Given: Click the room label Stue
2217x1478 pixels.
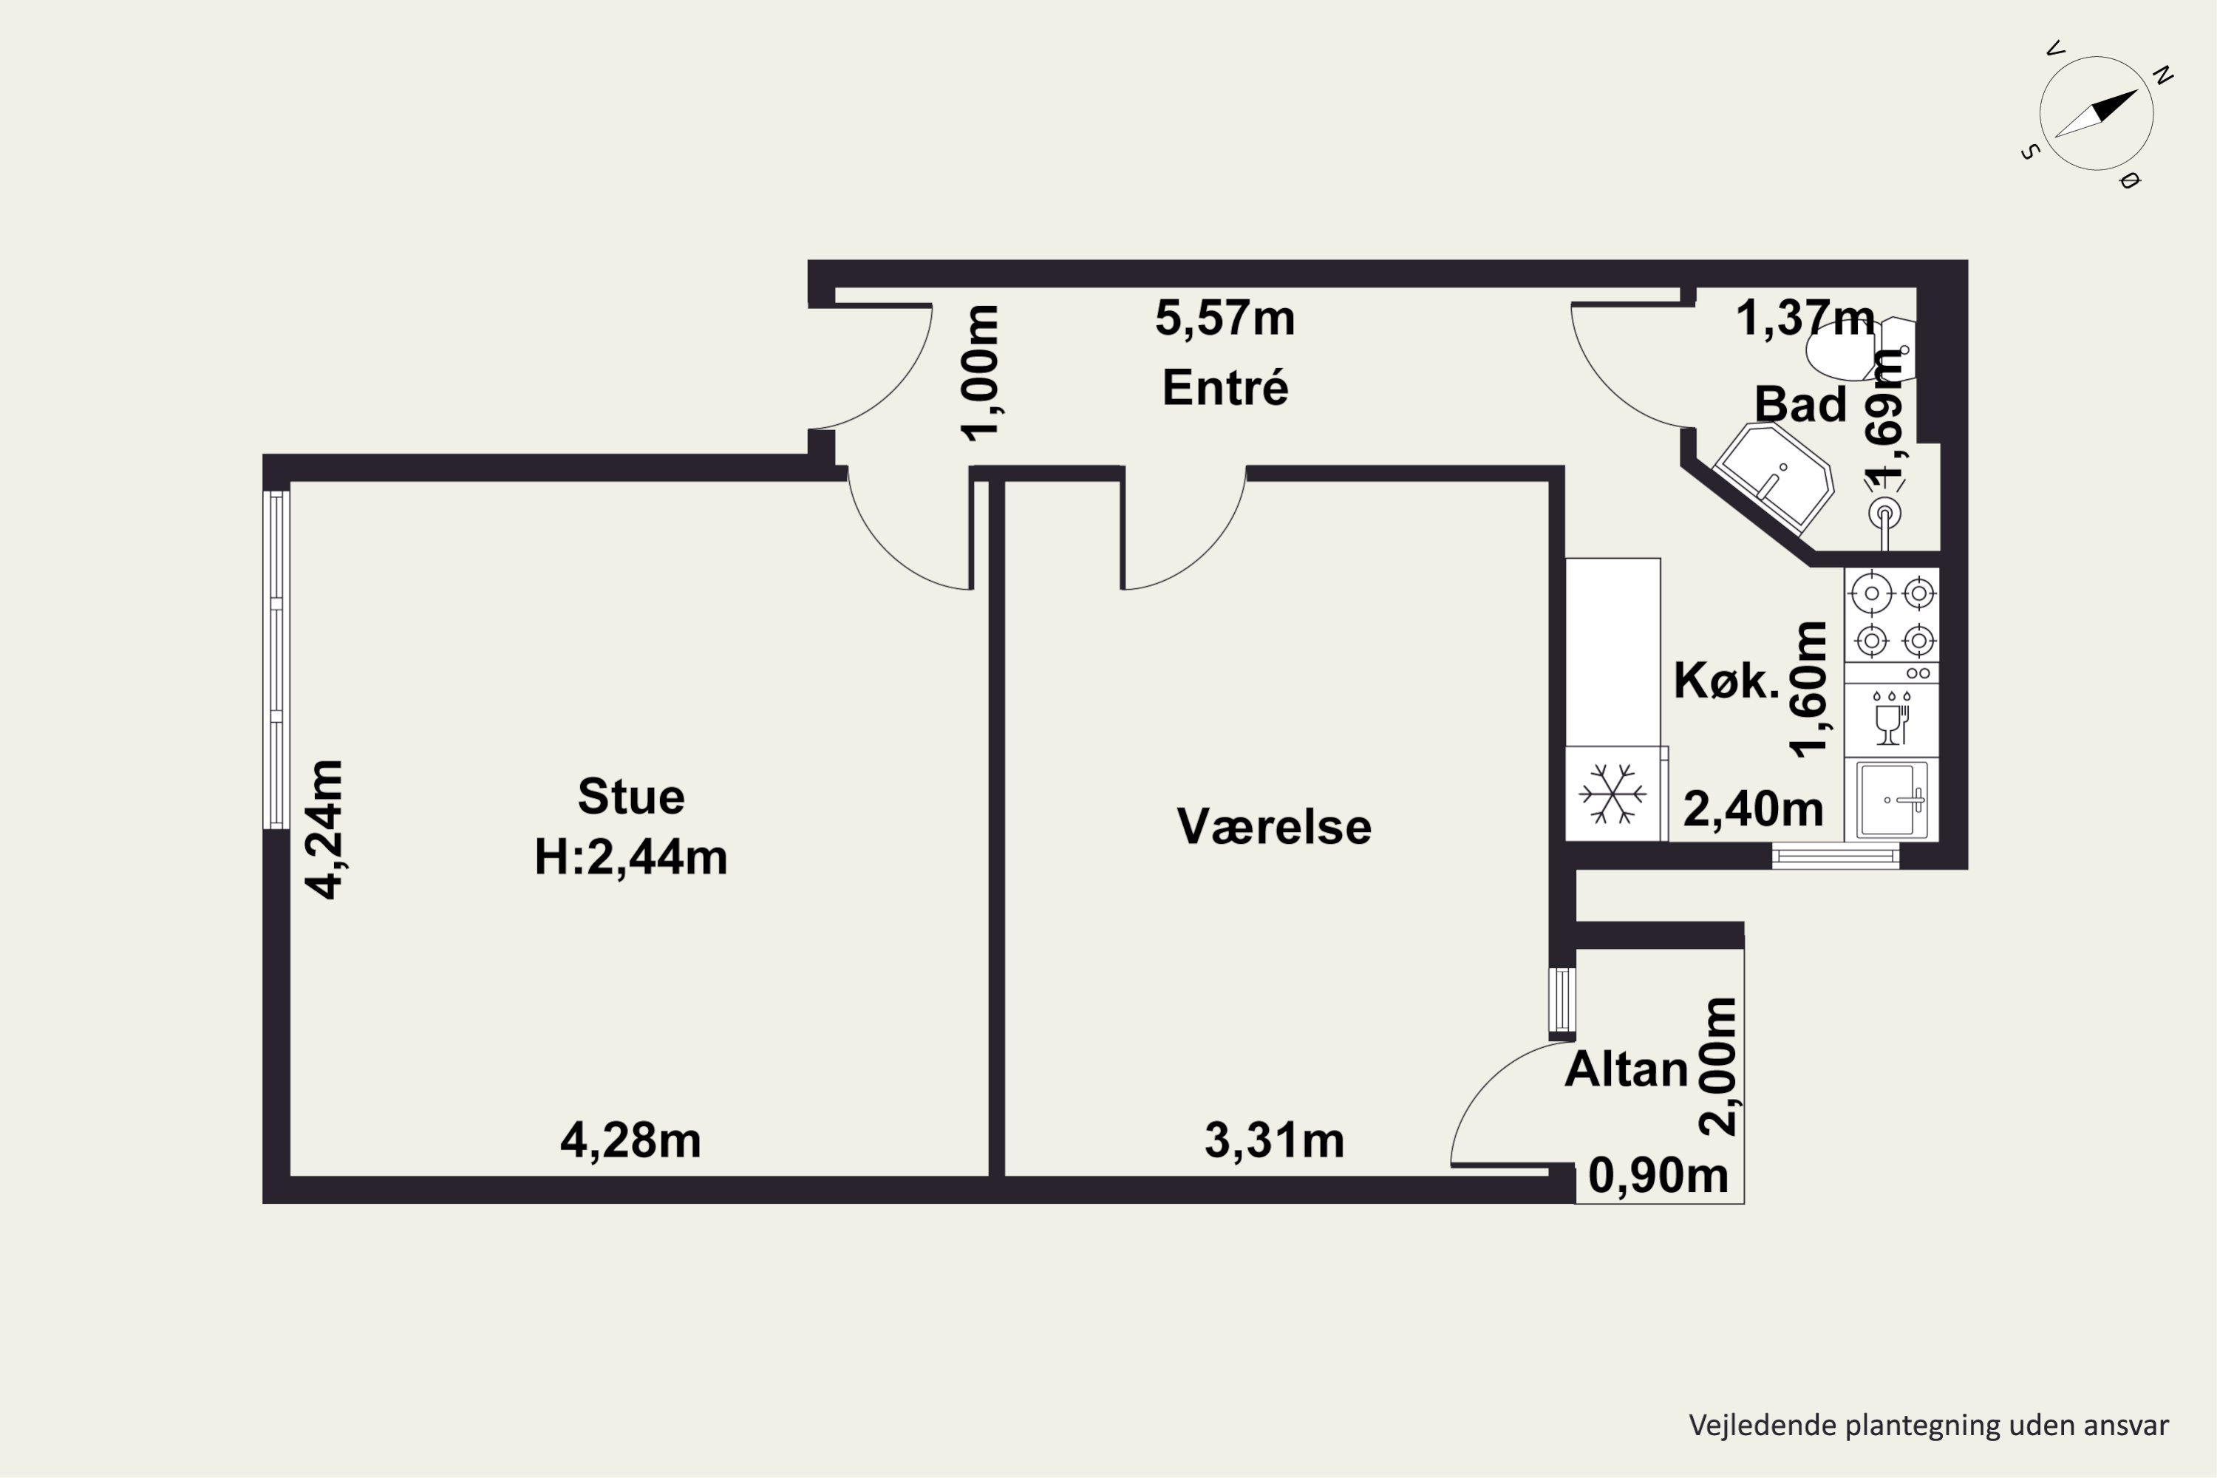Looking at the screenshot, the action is coord(630,797).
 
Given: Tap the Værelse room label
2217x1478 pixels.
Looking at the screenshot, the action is coord(1273,827).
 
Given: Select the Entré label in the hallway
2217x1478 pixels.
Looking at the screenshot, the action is coord(1225,387).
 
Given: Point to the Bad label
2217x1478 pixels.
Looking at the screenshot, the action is coord(1799,403).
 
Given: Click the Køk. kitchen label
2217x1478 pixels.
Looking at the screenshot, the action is coord(1726,681).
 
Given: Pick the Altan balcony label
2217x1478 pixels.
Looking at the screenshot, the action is coord(1626,1069).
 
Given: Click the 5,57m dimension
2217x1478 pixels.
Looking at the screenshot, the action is coord(1225,318).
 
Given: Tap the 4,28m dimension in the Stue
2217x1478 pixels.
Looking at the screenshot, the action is coord(630,1140).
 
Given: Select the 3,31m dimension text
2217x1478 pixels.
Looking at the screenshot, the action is coord(1273,1140).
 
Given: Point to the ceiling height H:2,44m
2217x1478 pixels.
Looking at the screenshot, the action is coord(630,858).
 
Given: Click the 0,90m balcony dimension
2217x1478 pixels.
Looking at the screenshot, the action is coord(1658,1176).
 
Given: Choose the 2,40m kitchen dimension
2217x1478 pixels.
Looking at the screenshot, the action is coord(1752,808).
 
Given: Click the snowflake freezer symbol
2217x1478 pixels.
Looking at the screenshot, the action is coord(1612,793).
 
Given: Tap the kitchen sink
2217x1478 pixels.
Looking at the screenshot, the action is coord(1891,800).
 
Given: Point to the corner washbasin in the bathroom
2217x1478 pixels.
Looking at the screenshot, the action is coord(1773,476).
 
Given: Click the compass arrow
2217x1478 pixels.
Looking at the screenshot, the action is coord(2095,114).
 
